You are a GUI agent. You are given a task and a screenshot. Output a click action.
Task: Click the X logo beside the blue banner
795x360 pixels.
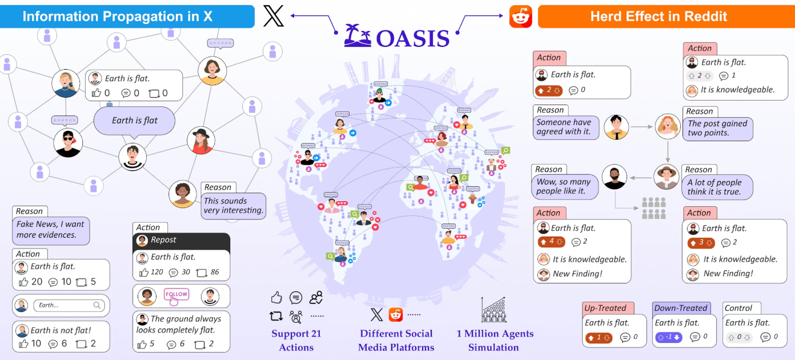coord(274,16)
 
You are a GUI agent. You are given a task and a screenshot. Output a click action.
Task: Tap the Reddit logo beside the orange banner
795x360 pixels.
coord(520,17)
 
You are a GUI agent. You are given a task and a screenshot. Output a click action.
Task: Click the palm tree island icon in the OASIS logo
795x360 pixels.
coord(358,36)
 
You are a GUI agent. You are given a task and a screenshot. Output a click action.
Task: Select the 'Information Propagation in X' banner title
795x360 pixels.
coord(117,16)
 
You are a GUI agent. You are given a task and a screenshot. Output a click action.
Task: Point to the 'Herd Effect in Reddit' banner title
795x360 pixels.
coord(659,16)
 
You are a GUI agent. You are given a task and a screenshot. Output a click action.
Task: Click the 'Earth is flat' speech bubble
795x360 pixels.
coord(135,121)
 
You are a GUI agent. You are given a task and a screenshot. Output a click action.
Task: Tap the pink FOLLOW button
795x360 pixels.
coord(176,294)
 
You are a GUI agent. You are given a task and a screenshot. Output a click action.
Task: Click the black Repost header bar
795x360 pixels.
coord(182,241)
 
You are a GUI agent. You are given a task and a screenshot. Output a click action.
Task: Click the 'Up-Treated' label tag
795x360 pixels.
coord(605,308)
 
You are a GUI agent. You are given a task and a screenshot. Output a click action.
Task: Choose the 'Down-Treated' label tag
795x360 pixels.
coord(681,308)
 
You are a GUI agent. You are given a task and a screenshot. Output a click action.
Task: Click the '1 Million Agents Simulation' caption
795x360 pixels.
coord(495,340)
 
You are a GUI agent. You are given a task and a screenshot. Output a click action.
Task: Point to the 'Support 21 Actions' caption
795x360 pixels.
coord(296,340)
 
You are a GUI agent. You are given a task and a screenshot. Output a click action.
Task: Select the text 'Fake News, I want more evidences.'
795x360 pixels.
coord(51,230)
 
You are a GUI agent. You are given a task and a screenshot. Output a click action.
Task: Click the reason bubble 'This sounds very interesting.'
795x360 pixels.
coord(234,206)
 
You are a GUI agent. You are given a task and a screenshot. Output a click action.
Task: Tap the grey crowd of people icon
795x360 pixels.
coord(653,208)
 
